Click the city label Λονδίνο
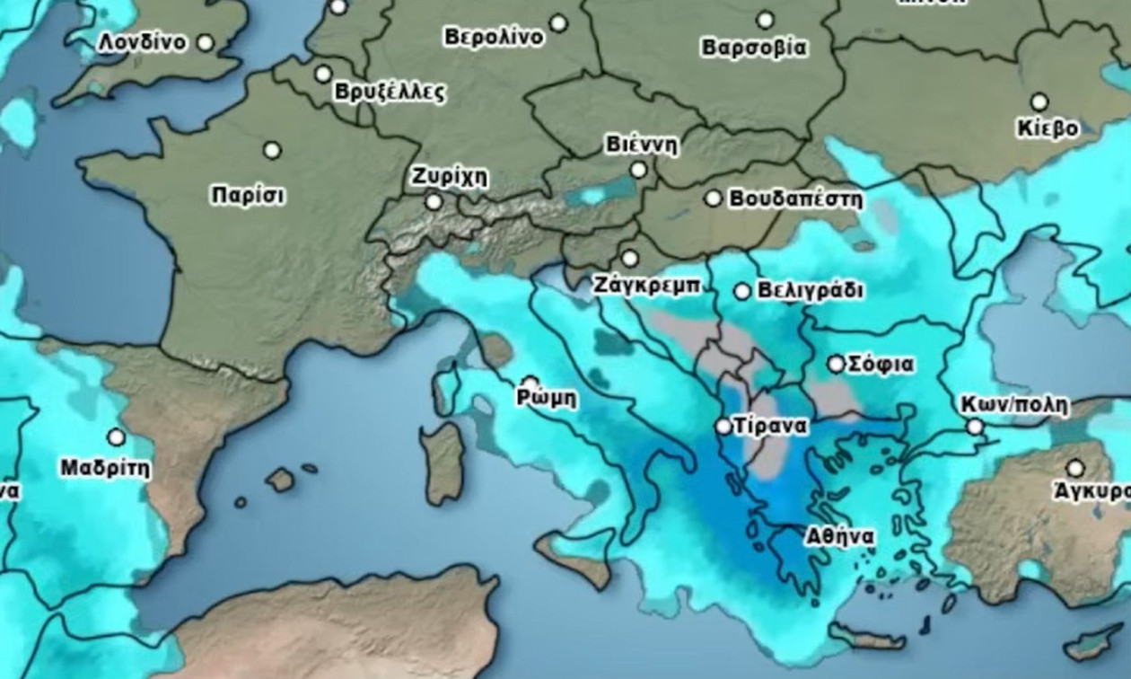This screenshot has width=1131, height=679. pyautogui.click(x=142, y=42)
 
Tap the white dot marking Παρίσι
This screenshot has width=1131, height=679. pyautogui.click(x=272, y=150)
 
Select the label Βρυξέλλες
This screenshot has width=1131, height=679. pyautogui.click(x=390, y=92)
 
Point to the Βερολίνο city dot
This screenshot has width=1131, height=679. pyautogui.click(x=558, y=22)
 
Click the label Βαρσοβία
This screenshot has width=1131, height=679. pyautogui.click(x=754, y=48)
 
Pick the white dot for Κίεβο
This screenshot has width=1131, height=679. pyautogui.click(x=1039, y=101)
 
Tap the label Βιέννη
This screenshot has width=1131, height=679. pyautogui.click(x=642, y=145)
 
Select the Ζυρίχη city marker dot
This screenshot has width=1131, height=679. pyautogui.click(x=434, y=202)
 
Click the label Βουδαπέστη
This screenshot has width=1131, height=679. pyautogui.click(x=795, y=198)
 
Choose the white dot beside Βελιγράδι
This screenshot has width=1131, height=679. pyautogui.click(x=742, y=291)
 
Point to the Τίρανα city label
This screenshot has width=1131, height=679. pyautogui.click(x=770, y=427)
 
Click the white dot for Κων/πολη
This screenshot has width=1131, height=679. pyautogui.click(x=975, y=427)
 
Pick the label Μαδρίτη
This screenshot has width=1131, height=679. pyautogui.click(x=105, y=468)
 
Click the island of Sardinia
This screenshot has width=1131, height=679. pyautogui.click(x=443, y=463)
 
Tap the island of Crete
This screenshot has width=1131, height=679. pyautogui.click(x=865, y=638)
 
